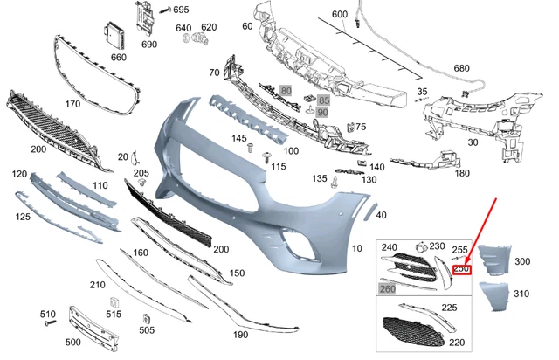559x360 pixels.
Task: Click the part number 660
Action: click(x=118, y=58)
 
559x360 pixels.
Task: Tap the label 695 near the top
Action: click(x=180, y=10)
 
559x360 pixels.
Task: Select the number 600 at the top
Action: click(x=339, y=15)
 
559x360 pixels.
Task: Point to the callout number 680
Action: click(x=461, y=68)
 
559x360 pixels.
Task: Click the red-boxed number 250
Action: click(x=461, y=269)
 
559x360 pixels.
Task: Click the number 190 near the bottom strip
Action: click(x=239, y=334)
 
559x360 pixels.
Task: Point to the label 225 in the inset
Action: click(x=449, y=307)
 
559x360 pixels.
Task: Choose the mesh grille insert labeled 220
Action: click(x=412, y=333)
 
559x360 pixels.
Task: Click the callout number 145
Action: click(x=238, y=139)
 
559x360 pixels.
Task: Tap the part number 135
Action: click(x=319, y=178)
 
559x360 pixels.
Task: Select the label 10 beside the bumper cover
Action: click(x=355, y=248)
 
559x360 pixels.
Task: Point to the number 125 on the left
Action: click(x=23, y=216)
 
